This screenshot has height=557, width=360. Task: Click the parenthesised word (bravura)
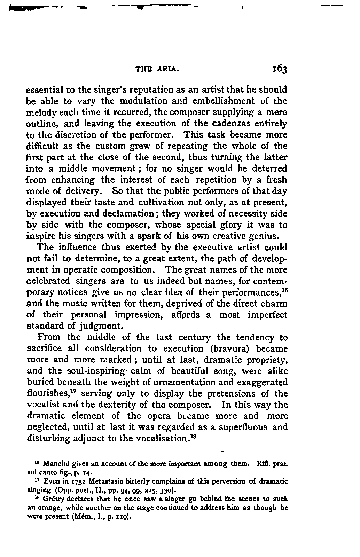[228, 349]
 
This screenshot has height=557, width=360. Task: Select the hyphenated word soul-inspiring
[90, 371]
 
